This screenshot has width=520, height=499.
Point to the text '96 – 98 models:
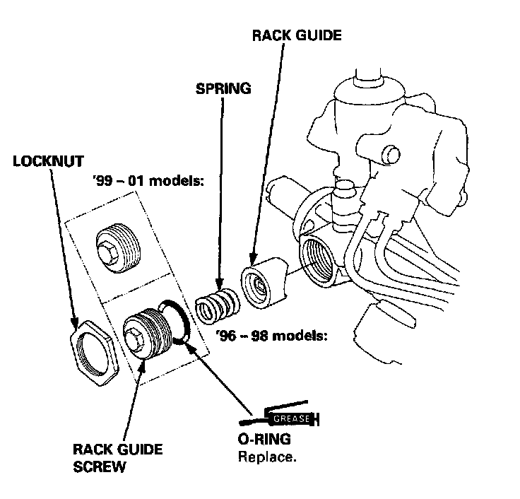pyautogui.click(x=271, y=335)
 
